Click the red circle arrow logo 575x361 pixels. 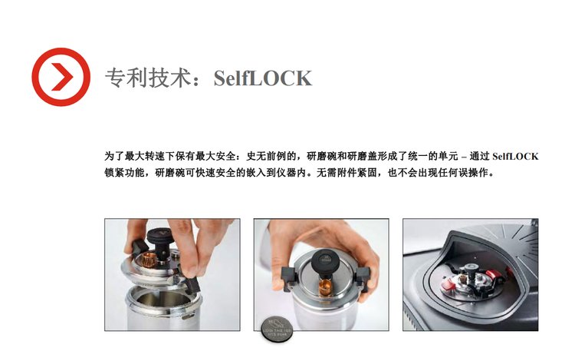pos(61,77)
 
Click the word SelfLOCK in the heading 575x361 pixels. pos(262,78)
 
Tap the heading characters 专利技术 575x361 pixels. pos(148,78)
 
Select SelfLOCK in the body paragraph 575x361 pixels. pos(515,157)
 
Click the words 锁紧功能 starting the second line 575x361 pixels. pos(124,173)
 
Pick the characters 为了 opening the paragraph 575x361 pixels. pos(114,157)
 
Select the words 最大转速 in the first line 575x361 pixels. pos(145,157)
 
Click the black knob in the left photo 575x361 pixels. pos(159,238)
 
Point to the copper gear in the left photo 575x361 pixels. pos(149,258)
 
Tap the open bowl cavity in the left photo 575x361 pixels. pos(161,299)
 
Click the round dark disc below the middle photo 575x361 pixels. pos(278,330)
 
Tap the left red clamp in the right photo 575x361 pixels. pos(448,285)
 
